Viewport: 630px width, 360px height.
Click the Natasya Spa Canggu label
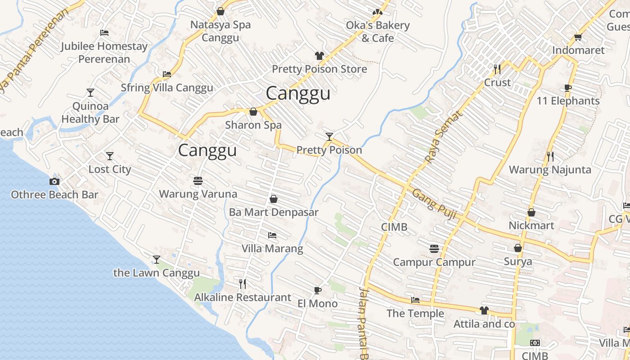coord(220,31)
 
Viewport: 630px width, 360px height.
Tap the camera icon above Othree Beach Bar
coord(54,182)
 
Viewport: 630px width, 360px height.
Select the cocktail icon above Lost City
coord(110,156)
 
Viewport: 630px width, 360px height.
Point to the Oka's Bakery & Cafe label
coord(378,31)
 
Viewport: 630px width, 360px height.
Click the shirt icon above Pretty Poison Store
coord(319,56)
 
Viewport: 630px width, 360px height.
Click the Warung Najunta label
coord(549,170)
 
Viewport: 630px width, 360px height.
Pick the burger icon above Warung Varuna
coord(198,181)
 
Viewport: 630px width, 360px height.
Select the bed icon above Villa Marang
coord(272,235)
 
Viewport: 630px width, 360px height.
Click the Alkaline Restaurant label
coord(243,297)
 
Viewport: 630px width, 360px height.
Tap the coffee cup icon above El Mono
coord(318,290)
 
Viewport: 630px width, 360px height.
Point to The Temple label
coord(415,314)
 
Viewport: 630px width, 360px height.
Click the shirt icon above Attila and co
coord(484,310)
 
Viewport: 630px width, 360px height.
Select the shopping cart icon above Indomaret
coord(578,37)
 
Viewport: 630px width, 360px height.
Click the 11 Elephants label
coord(568,101)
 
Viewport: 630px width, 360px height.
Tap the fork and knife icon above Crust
coord(497,69)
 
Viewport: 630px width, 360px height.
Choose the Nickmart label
coord(531,225)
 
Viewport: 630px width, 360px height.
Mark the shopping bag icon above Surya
coord(518,248)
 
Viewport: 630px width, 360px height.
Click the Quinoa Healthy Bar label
coord(90,113)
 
